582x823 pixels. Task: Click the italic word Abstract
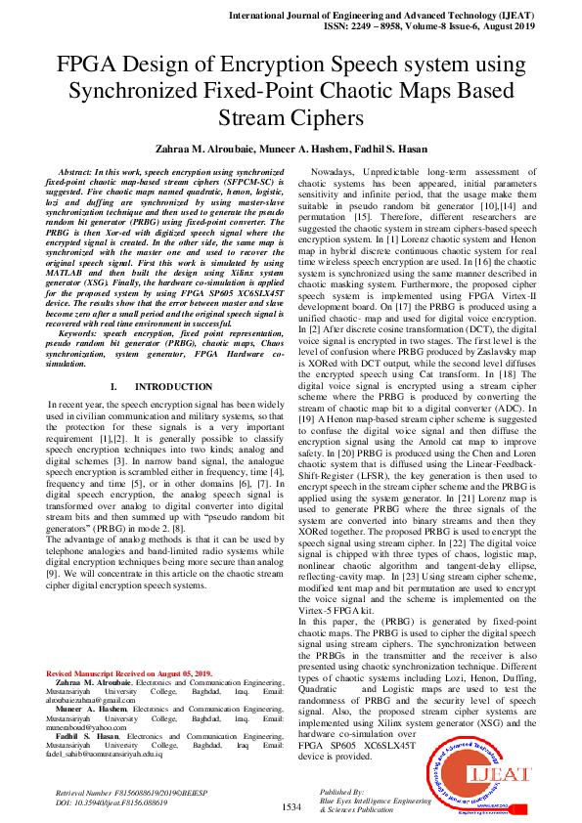coord(79,171)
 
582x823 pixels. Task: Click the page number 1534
coord(291,806)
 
